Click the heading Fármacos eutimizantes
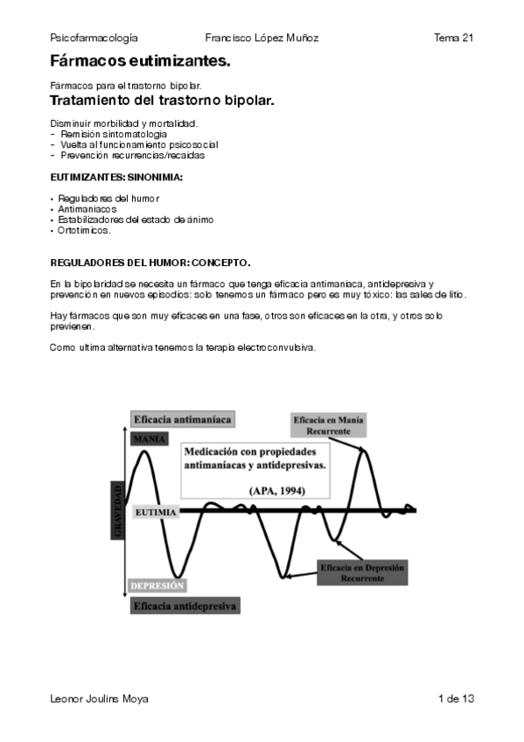point(141,61)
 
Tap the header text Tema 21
point(453,38)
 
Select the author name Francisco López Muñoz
point(262,38)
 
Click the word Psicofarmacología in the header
point(94,38)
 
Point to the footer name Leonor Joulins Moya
point(100,698)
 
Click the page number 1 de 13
point(456,698)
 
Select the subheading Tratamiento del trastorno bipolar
point(163,101)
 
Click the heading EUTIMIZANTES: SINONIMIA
point(116,178)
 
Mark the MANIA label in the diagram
point(149,439)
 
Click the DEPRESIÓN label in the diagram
point(157,585)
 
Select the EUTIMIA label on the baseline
point(157,512)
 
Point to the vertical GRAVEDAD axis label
point(118,512)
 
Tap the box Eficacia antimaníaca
point(182,420)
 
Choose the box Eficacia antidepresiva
point(185,605)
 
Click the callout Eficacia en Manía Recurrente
point(329,426)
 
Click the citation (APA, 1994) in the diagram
point(276,490)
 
